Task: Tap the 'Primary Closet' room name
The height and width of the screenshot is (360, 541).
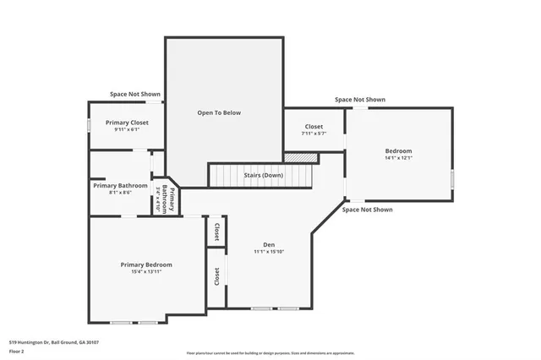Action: point(127,123)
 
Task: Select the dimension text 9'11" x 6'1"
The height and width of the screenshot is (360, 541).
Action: point(127,130)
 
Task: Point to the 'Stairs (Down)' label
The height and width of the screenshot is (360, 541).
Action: point(263,175)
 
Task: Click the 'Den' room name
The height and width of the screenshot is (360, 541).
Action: point(269,245)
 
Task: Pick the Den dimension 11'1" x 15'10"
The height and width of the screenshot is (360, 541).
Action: point(269,252)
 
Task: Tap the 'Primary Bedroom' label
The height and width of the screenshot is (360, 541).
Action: point(145,265)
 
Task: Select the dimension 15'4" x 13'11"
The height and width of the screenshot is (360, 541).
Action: point(145,272)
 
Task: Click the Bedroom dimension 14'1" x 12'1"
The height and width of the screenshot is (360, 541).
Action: point(398,157)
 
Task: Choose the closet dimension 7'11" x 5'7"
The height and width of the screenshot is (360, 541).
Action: point(314,134)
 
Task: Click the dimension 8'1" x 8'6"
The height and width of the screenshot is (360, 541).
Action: point(120,193)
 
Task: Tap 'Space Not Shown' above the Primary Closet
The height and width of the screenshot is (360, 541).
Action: point(134,94)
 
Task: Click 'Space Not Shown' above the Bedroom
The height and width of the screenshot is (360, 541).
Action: point(359,100)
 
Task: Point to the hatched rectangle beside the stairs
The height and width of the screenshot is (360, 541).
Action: point(300,157)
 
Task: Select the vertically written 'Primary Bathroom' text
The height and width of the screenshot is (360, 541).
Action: point(167,199)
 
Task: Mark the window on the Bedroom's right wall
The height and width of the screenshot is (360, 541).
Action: point(452,179)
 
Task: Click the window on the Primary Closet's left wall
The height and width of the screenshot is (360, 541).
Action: point(89,125)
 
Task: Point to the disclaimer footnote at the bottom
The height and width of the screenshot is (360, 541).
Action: point(270,353)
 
